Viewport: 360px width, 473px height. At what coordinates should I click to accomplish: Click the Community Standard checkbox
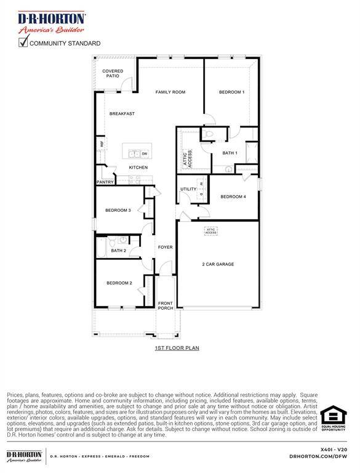pyautogui.click(x=23, y=42)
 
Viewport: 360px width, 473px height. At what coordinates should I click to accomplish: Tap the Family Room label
pyautogui.click(x=170, y=92)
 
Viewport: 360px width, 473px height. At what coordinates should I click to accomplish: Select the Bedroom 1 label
pyautogui.click(x=232, y=92)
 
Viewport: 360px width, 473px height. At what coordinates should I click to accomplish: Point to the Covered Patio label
pyautogui.click(x=113, y=73)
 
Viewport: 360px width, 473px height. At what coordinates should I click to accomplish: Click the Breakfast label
pyautogui.click(x=122, y=114)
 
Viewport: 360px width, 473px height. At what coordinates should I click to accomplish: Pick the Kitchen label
pyautogui.click(x=138, y=168)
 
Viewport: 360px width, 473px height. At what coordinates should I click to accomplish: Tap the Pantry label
pyautogui.click(x=104, y=182)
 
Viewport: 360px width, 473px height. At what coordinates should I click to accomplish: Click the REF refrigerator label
pyautogui.click(x=102, y=145)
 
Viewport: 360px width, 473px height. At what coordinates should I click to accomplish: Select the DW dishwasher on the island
pyautogui.click(x=145, y=153)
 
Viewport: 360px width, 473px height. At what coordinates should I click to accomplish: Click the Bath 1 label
pyautogui.click(x=230, y=153)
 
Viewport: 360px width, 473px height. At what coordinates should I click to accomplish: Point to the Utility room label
pyautogui.click(x=188, y=189)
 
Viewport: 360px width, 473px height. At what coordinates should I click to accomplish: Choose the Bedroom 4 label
pyautogui.click(x=233, y=196)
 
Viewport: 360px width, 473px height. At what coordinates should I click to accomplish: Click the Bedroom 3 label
pyautogui.click(x=118, y=211)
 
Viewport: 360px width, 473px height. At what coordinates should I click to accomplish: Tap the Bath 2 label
pyautogui.click(x=118, y=251)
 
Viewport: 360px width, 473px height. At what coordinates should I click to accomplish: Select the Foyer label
pyautogui.click(x=165, y=247)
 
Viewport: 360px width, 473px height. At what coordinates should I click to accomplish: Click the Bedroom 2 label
pyautogui.click(x=119, y=283)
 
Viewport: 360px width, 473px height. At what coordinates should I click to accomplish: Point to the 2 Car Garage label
pyautogui.click(x=218, y=264)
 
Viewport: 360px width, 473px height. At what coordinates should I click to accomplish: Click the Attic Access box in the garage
pyautogui.click(x=211, y=231)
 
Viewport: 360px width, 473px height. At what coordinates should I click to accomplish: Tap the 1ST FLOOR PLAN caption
pyautogui.click(x=177, y=348)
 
